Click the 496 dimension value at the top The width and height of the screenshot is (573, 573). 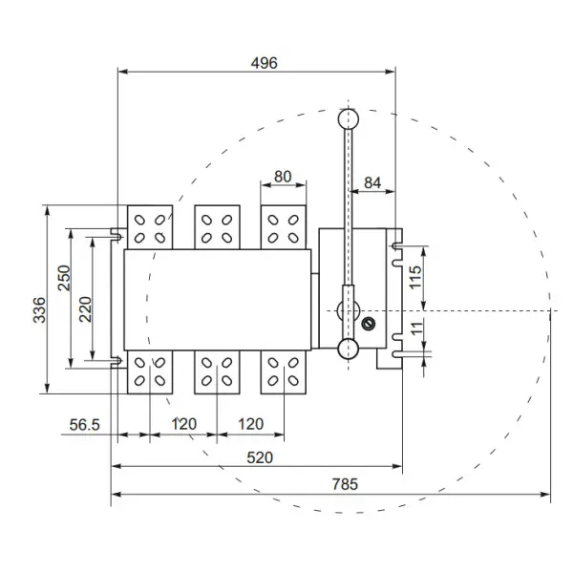(264, 63)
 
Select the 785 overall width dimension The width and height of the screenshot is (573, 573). (345, 484)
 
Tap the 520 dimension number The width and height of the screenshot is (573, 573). (260, 457)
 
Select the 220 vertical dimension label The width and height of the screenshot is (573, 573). (85, 308)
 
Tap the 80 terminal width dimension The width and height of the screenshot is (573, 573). (283, 177)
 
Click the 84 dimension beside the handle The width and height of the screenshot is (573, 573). (372, 181)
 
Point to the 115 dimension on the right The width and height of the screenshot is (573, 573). (414, 277)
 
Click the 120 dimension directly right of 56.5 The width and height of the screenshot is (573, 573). (183, 424)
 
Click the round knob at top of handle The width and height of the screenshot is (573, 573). (349, 118)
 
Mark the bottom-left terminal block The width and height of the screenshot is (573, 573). (149, 371)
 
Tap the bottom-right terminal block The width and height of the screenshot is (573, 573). (284, 371)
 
